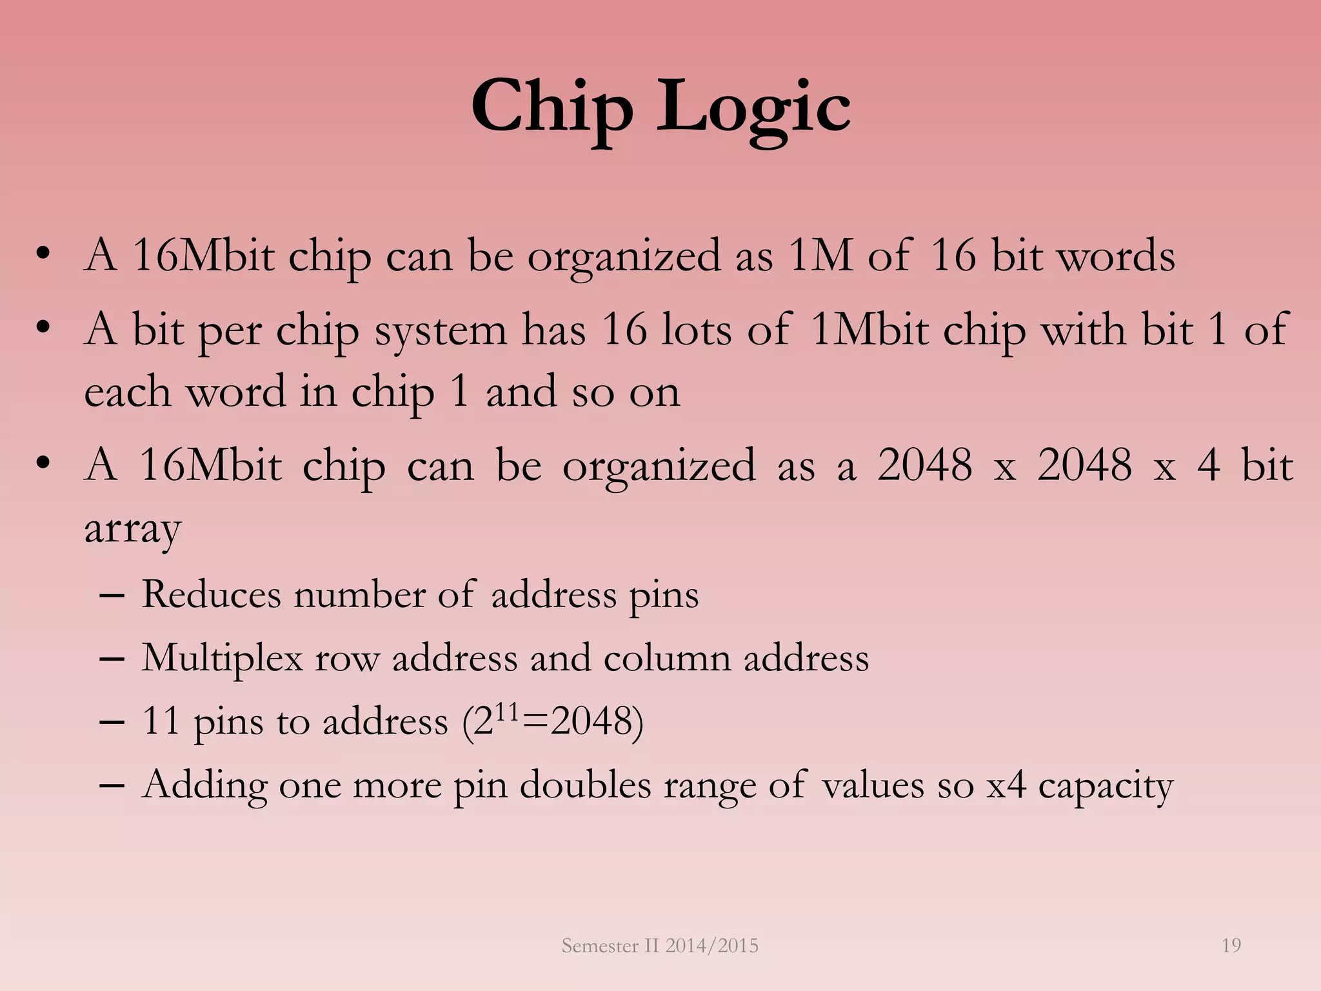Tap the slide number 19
tap(1231, 946)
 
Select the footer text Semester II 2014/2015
tap(660, 946)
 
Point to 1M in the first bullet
tap(820, 256)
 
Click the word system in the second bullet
tap(441, 331)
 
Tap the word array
tap(132, 529)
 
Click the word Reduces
tap(211, 594)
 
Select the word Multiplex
tap(222, 659)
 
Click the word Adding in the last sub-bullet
tap(204, 786)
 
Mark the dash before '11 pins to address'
tap(112, 722)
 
